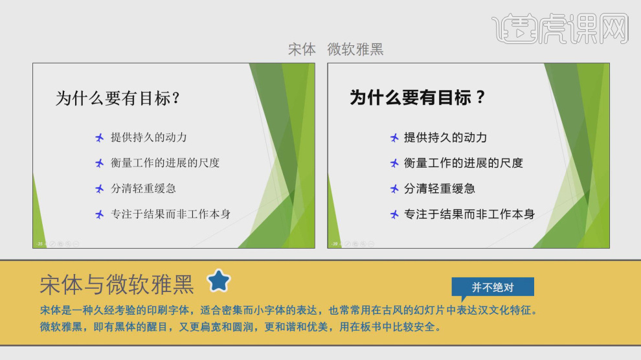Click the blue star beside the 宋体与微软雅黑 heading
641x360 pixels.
[x=219, y=281]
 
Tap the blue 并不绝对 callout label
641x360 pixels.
[x=493, y=287]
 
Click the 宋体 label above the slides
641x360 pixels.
[x=302, y=49]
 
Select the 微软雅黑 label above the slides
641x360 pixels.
[x=355, y=49]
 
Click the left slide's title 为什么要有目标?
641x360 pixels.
[x=118, y=98]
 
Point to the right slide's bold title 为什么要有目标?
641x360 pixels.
[x=418, y=98]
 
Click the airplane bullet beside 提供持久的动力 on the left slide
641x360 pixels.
[x=99, y=137]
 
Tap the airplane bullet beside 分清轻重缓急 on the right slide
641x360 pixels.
[x=394, y=189]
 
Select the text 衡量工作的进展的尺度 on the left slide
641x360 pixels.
[x=165, y=163]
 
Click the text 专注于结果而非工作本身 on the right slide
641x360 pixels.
[x=469, y=214]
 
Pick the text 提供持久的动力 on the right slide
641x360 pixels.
[x=445, y=137]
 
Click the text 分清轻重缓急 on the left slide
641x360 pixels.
[x=143, y=189]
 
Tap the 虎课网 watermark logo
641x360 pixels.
[x=561, y=27]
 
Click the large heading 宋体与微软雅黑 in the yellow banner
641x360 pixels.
[x=117, y=284]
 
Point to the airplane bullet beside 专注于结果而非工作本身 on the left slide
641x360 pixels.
[x=99, y=214]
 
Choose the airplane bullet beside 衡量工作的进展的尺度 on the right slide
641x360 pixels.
[x=394, y=163]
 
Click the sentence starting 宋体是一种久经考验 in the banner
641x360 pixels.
[x=288, y=311]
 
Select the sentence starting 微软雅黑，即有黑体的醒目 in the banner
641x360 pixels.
[x=240, y=326]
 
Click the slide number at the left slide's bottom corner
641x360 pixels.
[x=39, y=243]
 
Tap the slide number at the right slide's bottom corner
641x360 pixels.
[x=335, y=243]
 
